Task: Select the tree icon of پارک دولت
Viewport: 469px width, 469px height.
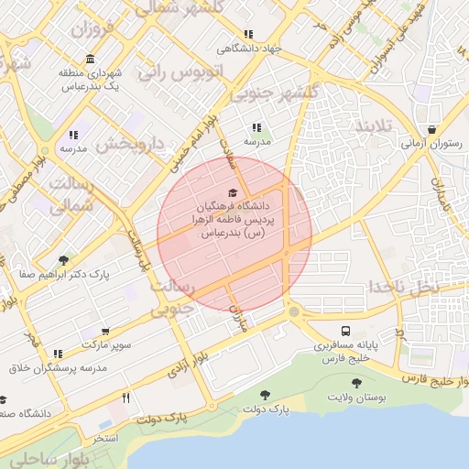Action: pyautogui.click(x=265, y=395)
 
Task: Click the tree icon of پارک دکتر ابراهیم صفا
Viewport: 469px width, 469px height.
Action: pyautogui.click(x=62, y=260)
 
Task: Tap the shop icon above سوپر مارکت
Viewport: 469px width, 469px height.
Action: pyautogui.click(x=107, y=331)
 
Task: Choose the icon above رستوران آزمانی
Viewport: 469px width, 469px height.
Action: pyautogui.click(x=431, y=129)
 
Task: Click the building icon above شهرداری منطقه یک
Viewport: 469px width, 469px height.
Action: pyautogui.click(x=89, y=60)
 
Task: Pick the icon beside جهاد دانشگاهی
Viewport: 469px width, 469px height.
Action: pyautogui.click(x=248, y=34)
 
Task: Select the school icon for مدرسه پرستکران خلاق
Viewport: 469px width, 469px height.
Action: pyautogui.click(x=58, y=354)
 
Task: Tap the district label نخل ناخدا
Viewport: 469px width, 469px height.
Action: pyautogui.click(x=405, y=286)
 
